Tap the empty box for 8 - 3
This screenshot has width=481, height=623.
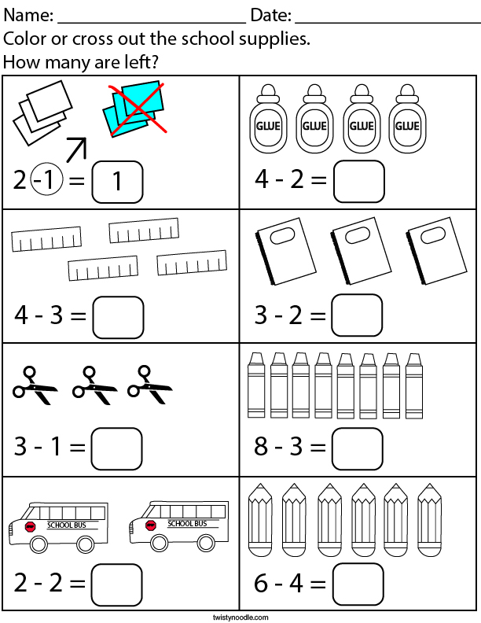pyautogui.click(x=358, y=448)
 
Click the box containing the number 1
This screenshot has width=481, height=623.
pyautogui.click(x=118, y=182)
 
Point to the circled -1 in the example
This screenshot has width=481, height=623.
pyautogui.click(x=45, y=182)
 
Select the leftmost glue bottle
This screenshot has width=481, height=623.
pyautogui.click(x=267, y=119)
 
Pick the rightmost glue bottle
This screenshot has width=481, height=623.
pyautogui.click(x=406, y=119)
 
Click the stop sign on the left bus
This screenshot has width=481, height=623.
pyautogui.click(x=31, y=525)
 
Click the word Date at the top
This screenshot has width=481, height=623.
pyautogui.click(x=270, y=16)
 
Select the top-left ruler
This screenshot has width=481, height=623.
pyautogui.click(x=46, y=239)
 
